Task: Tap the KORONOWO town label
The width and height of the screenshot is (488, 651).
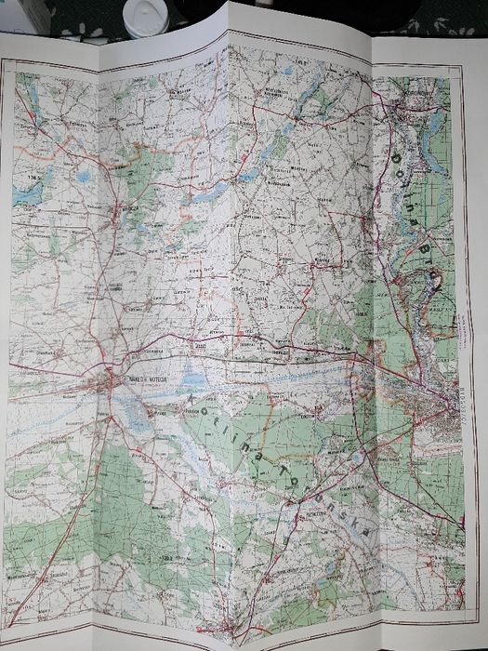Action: click(410, 106)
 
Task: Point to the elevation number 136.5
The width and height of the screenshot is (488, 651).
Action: click(37, 172)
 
